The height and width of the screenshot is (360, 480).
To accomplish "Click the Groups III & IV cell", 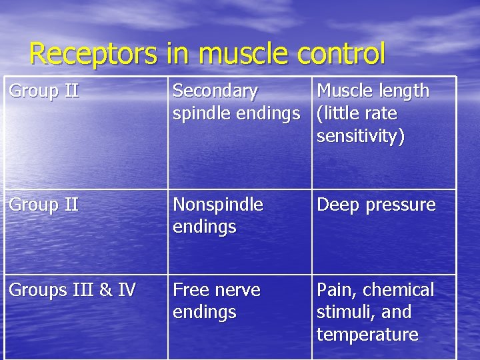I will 73,290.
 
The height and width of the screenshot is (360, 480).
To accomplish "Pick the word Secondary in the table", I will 215,91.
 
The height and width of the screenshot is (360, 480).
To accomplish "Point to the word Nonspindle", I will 218,205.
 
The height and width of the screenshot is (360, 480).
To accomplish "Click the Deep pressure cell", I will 376,205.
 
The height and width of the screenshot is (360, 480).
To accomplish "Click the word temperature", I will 367,334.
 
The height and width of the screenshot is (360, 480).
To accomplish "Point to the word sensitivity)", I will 361,136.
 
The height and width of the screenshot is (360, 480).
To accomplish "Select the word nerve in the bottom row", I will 236,290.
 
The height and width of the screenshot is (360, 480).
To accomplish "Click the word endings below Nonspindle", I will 205,227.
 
